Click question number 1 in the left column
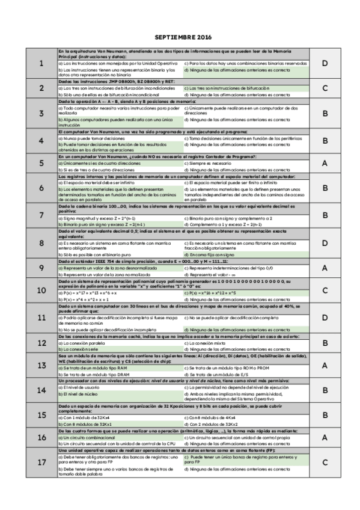point(41,64)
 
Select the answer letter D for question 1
point(325,64)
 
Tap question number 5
point(41,163)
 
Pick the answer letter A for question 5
point(325,163)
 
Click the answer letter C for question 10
point(325,290)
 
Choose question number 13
point(41,365)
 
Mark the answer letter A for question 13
point(325,365)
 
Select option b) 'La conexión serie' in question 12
point(78,349)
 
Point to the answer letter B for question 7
point(325,215)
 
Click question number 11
point(41,317)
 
